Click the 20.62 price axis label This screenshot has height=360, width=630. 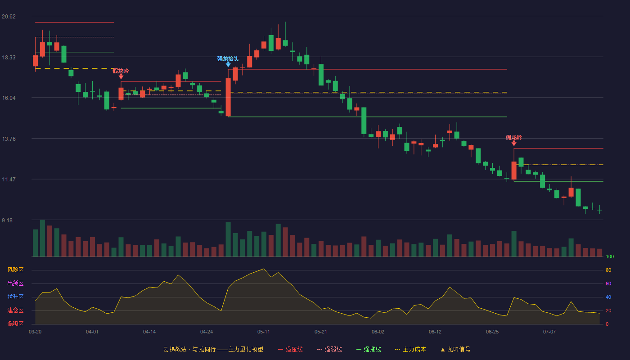tap(9, 17)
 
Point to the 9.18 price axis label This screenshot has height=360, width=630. tap(7, 220)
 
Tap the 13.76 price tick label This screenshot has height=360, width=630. tap(9, 139)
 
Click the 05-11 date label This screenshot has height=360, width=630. tap(264, 332)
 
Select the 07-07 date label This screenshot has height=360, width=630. tap(549, 332)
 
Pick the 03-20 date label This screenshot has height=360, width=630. tap(35, 332)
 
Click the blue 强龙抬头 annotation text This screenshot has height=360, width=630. tap(228, 59)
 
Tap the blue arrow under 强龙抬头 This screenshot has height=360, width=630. tap(228, 65)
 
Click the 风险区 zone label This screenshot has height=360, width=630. tap(15, 270)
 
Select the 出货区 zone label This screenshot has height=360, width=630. tap(15, 283)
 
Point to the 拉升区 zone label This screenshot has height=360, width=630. tap(15, 297)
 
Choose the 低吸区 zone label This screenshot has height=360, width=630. tap(15, 324)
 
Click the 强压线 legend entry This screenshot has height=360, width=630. tap(290, 349)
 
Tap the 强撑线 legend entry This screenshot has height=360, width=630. tap(369, 349)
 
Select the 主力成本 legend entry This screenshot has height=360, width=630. tap(410, 349)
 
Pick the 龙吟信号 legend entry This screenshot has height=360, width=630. tap(455, 349)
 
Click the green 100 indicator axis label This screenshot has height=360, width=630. tap(610, 256)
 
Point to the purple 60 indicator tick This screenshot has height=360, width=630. tap(608, 283)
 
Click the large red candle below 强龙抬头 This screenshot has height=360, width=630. tap(228, 97)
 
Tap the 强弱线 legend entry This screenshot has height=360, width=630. tap(329, 349)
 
